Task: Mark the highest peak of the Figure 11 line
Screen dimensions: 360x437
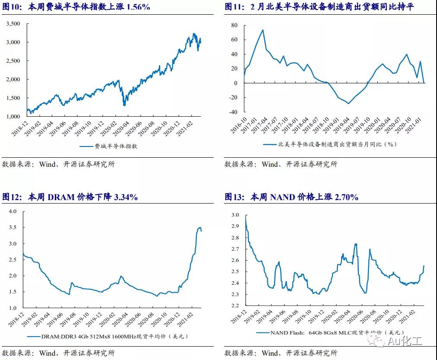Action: tap(263, 30)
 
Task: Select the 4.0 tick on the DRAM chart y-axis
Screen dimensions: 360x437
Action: tap(12, 211)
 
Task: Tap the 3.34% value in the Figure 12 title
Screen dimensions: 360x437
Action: tap(125, 198)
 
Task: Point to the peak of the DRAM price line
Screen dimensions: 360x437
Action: tap(199, 227)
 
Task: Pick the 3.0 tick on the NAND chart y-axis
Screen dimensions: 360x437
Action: tap(235, 215)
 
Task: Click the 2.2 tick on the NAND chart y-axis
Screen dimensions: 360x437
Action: tap(235, 306)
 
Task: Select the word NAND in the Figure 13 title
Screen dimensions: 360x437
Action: tap(283, 198)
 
